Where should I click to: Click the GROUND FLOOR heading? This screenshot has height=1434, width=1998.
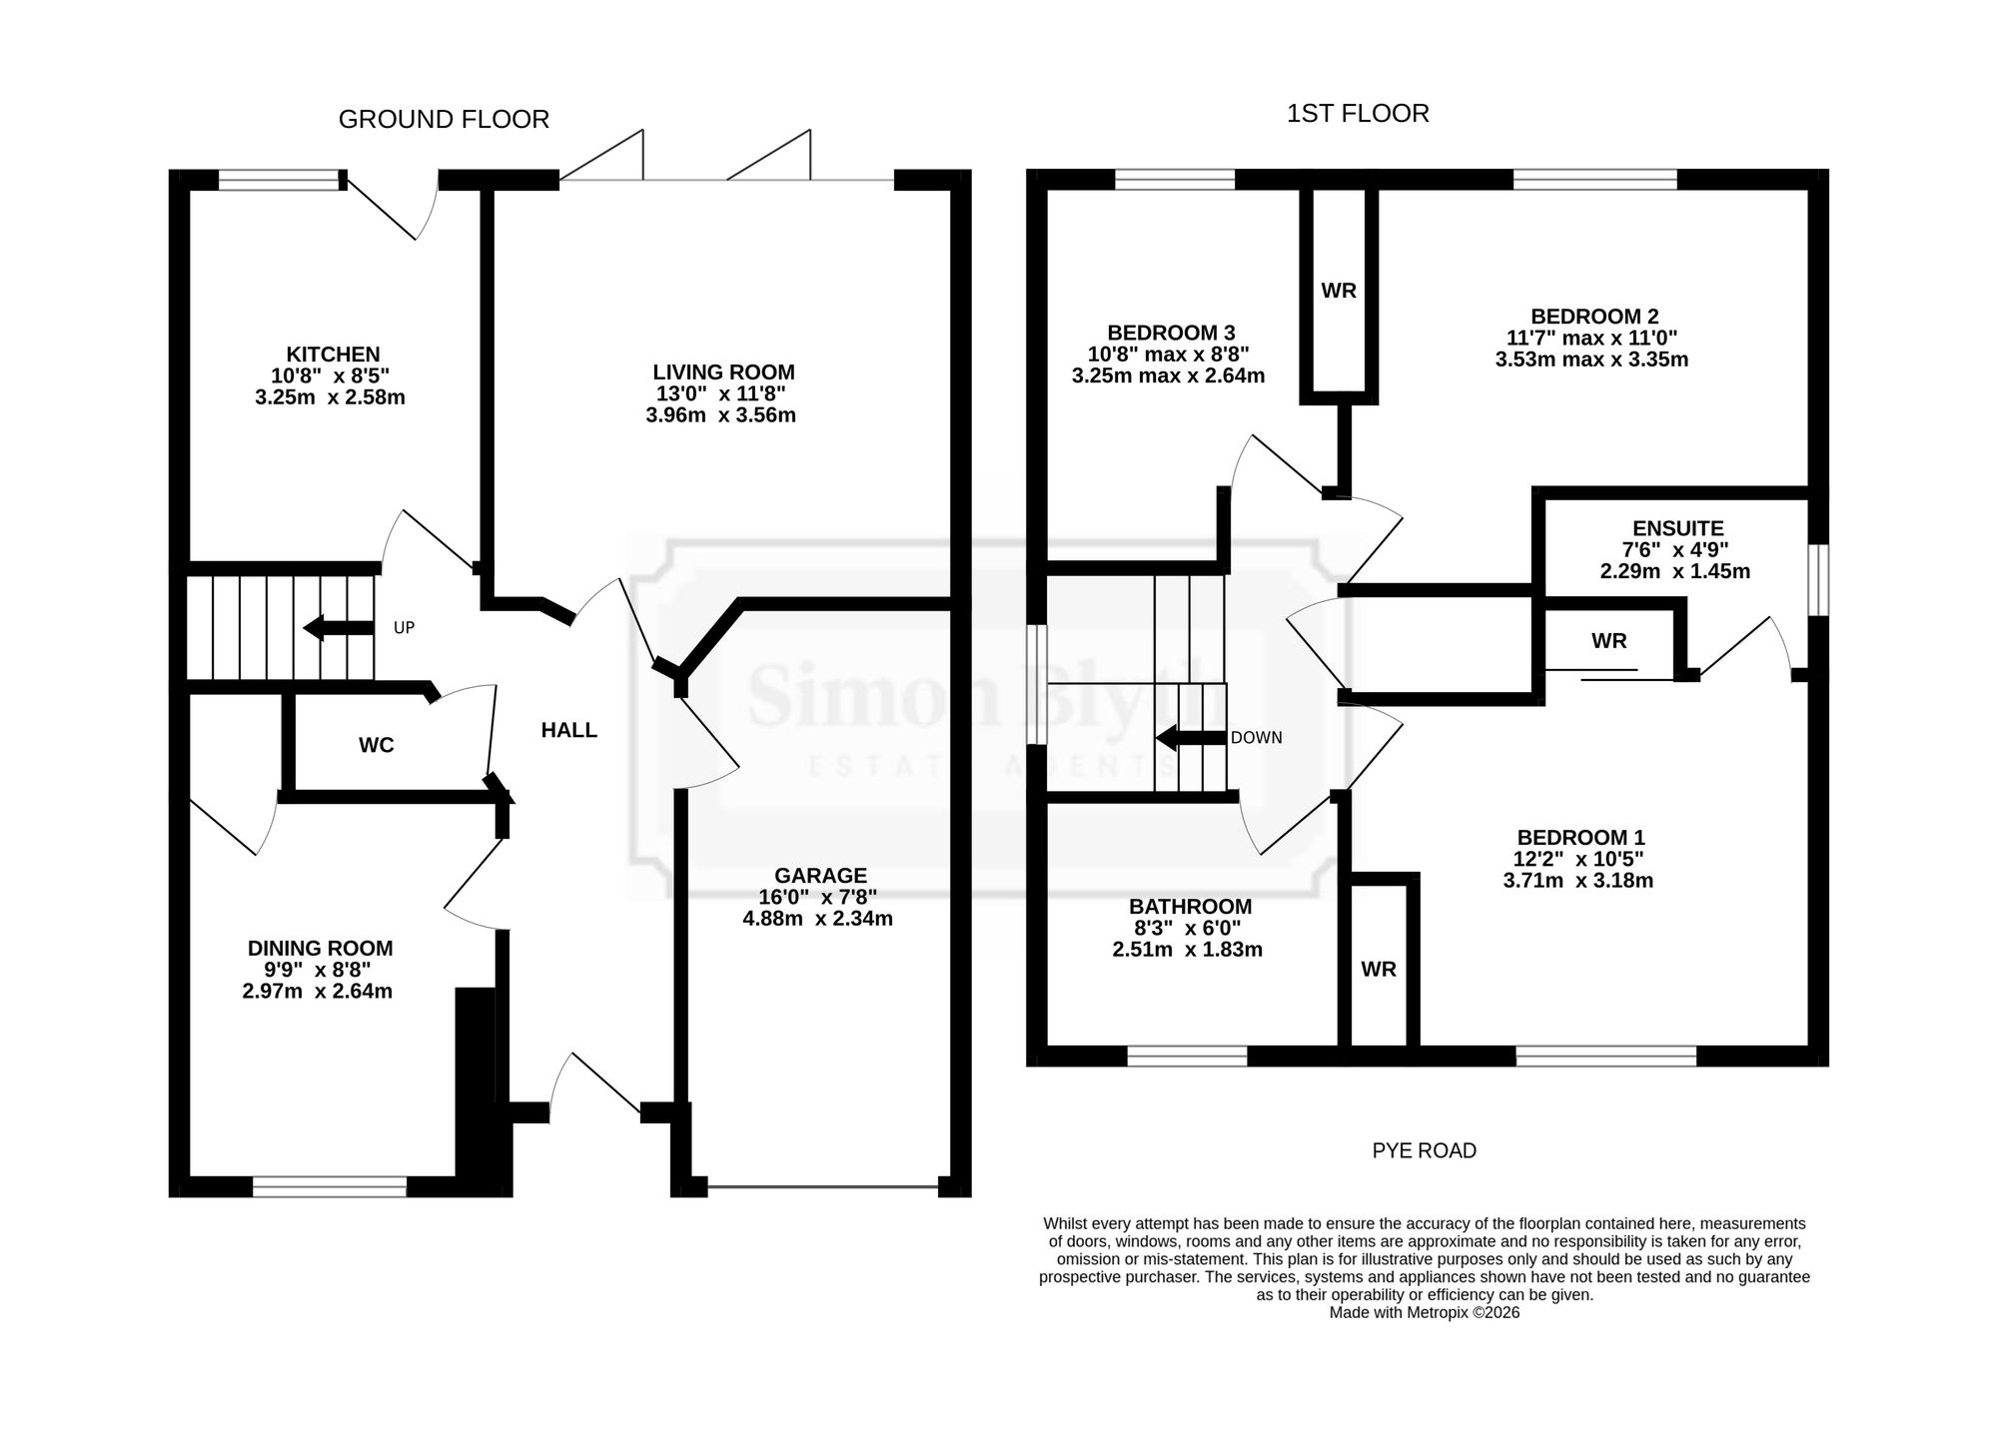(x=444, y=120)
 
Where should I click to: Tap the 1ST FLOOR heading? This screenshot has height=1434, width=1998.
(x=1358, y=114)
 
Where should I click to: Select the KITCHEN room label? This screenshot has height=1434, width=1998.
(x=333, y=355)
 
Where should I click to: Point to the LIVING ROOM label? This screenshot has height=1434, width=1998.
(x=723, y=372)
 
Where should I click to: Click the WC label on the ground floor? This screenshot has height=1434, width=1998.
(x=376, y=745)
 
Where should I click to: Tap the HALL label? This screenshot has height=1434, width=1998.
(x=569, y=730)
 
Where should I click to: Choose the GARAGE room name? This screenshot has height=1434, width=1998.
(x=821, y=876)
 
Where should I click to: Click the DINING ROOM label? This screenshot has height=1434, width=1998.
(x=320, y=949)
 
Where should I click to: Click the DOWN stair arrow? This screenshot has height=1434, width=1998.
(x=1191, y=739)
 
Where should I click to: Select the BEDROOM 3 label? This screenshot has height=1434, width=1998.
(x=1171, y=333)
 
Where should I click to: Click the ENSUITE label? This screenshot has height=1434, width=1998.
(x=1678, y=528)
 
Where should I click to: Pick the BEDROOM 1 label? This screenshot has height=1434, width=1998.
(x=1580, y=838)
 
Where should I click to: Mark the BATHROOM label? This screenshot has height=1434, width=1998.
(x=1190, y=907)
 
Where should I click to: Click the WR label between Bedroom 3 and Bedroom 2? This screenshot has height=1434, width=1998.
(x=1339, y=291)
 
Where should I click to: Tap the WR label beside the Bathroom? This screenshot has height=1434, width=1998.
(x=1379, y=969)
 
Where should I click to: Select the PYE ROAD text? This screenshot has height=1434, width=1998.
(x=1425, y=1150)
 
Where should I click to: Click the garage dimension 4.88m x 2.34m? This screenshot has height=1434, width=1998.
(x=817, y=919)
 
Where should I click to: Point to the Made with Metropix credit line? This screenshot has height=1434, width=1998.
(x=1425, y=1313)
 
